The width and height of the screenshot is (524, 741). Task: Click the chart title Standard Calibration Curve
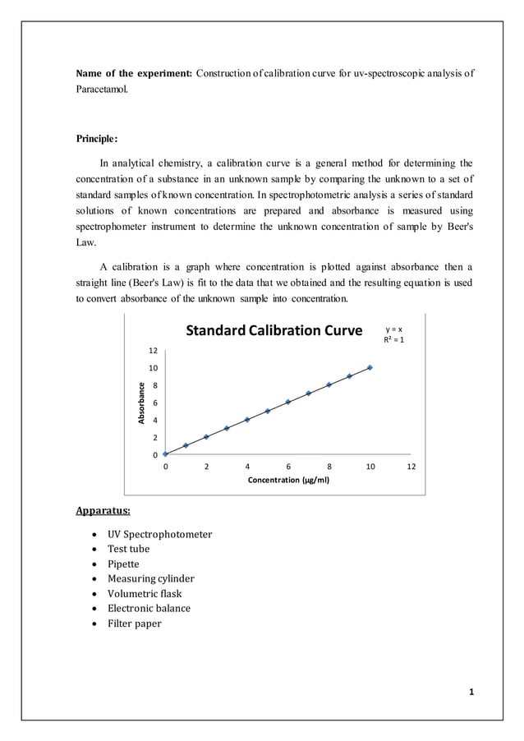pyautogui.click(x=273, y=331)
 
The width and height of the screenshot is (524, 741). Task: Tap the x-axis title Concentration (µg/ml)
pyautogui.click(x=288, y=480)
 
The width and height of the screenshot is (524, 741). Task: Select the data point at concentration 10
pyautogui.click(x=370, y=367)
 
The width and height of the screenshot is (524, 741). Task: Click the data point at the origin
pyautogui.click(x=165, y=453)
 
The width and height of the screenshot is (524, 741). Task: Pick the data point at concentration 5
pyautogui.click(x=268, y=411)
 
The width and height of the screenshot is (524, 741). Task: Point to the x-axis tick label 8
pyautogui.click(x=329, y=466)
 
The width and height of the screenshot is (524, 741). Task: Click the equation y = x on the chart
pyautogui.click(x=394, y=329)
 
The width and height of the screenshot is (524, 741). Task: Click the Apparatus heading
pyautogui.click(x=103, y=511)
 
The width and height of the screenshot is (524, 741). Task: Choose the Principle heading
pyautogui.click(x=97, y=138)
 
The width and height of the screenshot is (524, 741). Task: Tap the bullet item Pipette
pyautogui.click(x=123, y=564)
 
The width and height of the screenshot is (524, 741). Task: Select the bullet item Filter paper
pyautogui.click(x=135, y=624)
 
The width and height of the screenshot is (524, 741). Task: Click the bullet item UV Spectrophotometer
pyautogui.click(x=159, y=535)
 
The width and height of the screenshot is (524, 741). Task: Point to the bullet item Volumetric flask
pyautogui.click(x=145, y=594)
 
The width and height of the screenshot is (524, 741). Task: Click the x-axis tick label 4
pyautogui.click(x=247, y=466)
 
